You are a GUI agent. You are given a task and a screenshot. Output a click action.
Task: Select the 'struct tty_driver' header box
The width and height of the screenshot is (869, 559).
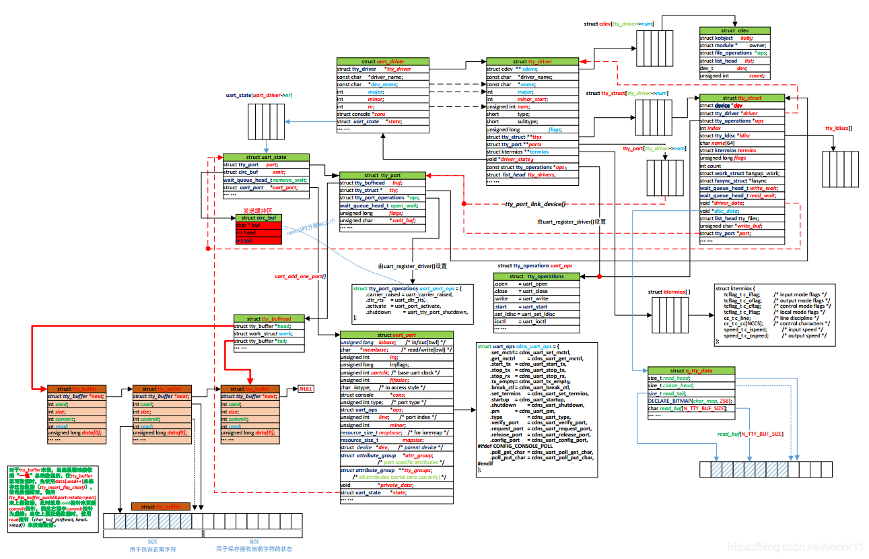click(x=532, y=61)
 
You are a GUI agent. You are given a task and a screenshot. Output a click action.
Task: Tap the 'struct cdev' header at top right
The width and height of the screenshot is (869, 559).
click(x=734, y=30)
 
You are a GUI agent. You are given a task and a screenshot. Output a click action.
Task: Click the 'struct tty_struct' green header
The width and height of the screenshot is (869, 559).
click(x=740, y=98)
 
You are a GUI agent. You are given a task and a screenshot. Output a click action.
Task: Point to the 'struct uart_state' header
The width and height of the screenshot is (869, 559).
click(x=266, y=157)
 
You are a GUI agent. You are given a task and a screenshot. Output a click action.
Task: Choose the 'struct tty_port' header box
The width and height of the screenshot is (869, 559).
click(x=382, y=175)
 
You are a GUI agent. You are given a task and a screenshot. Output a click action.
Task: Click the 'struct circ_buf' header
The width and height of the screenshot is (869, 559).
click(x=258, y=218)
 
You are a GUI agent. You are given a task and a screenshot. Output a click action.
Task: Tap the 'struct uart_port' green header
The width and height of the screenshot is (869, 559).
click(x=396, y=335)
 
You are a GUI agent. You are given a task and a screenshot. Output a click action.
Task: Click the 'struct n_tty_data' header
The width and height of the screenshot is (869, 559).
click(x=691, y=370)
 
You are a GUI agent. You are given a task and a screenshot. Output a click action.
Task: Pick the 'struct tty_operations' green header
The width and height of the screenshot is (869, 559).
click(x=536, y=276)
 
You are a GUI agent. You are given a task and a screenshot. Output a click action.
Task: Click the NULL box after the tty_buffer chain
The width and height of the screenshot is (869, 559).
click(x=306, y=389)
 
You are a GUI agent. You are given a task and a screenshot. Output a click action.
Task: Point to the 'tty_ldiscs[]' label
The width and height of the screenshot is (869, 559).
click(x=839, y=127)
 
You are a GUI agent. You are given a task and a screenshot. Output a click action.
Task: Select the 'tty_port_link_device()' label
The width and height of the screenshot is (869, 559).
click(x=535, y=203)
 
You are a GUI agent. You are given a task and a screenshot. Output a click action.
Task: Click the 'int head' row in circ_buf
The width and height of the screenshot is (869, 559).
click(x=258, y=232)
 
